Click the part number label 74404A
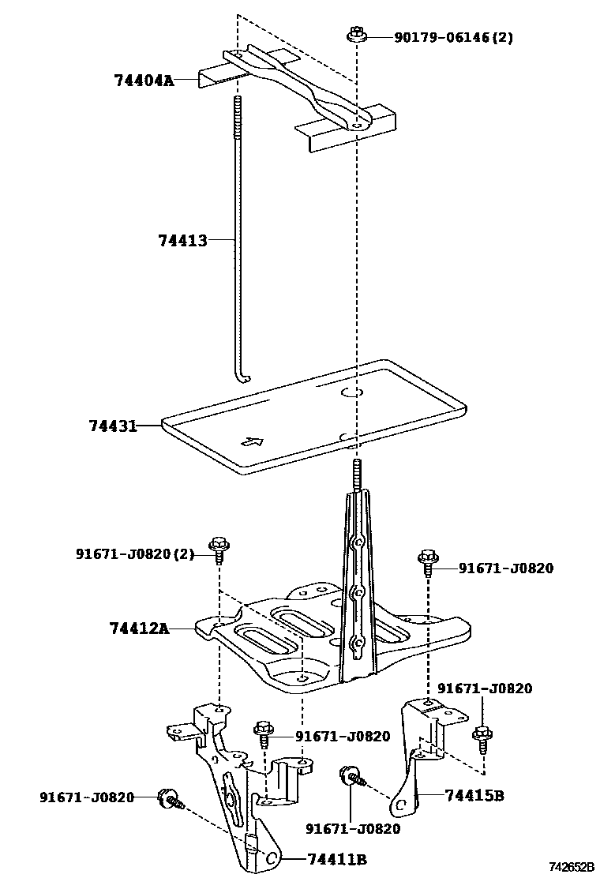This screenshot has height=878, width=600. coord(143,79)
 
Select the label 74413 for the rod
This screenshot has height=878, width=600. coord(182,240)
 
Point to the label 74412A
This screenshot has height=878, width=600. coord(139,628)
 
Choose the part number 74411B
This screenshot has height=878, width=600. coord(337,859)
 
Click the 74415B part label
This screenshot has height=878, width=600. coord(474,795)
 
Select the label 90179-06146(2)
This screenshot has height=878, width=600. coord(453,37)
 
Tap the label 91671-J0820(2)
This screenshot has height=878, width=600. coord(134,554)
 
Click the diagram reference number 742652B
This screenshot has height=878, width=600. coord(572,867)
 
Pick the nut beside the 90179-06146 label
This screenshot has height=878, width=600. coord(354,36)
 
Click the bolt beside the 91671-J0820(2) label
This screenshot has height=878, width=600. coord(218,546)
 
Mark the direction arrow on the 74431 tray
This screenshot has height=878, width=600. coord(252,442)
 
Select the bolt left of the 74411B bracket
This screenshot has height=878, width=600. coord(169,799)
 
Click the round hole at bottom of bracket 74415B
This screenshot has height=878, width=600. coord(400,805)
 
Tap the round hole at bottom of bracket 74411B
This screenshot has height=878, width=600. coord(270,858)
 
